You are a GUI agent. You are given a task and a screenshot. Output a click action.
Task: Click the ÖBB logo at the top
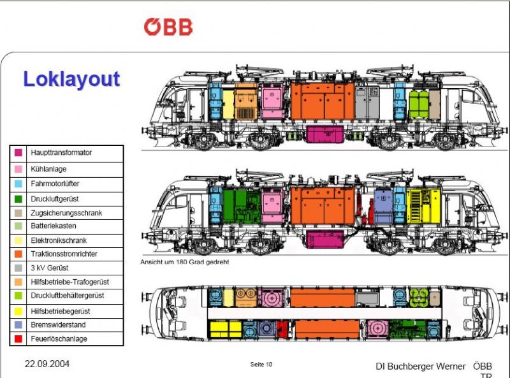pyautogui.click(x=168, y=27)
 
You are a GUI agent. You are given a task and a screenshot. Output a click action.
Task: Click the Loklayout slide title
pyautogui.click(x=71, y=79)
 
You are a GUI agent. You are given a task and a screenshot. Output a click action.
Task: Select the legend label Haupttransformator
pyautogui.click(x=61, y=153)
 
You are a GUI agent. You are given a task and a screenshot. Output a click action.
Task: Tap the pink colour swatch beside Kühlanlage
pyautogui.click(x=18, y=170)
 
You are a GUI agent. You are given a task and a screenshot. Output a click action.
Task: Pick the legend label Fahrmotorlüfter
pyautogui.click(x=55, y=184)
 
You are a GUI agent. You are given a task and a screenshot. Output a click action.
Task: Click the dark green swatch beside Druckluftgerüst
pyautogui.click(x=18, y=198)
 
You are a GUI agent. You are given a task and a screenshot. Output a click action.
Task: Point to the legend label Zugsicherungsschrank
pyautogui.click(x=66, y=213)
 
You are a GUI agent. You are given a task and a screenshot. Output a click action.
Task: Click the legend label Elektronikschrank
pyautogui.click(x=59, y=240)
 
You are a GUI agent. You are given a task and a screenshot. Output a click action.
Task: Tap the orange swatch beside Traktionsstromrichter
pyautogui.click(x=18, y=254)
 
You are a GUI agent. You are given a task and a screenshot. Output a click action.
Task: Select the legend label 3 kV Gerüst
pyautogui.click(x=50, y=268)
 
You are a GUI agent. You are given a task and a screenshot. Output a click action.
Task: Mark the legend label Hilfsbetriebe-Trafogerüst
pyautogui.click(x=71, y=282)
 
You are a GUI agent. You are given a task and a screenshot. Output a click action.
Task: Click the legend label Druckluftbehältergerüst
pyautogui.click(x=67, y=296)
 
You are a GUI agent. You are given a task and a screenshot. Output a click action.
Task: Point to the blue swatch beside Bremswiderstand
pyautogui.click(x=18, y=324)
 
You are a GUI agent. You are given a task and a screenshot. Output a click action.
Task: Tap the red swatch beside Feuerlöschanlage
pyautogui.click(x=18, y=339)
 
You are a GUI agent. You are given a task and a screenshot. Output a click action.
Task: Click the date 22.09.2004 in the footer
pyautogui.click(x=47, y=365)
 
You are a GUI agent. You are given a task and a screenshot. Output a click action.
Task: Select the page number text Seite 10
pyautogui.click(x=261, y=365)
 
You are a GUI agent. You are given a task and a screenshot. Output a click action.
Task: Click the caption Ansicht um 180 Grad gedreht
pyautogui.click(x=185, y=262)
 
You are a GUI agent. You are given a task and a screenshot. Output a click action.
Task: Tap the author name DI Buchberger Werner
pyautogui.click(x=421, y=367)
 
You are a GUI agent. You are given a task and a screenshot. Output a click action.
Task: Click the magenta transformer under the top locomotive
pyautogui.click(x=324, y=134)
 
